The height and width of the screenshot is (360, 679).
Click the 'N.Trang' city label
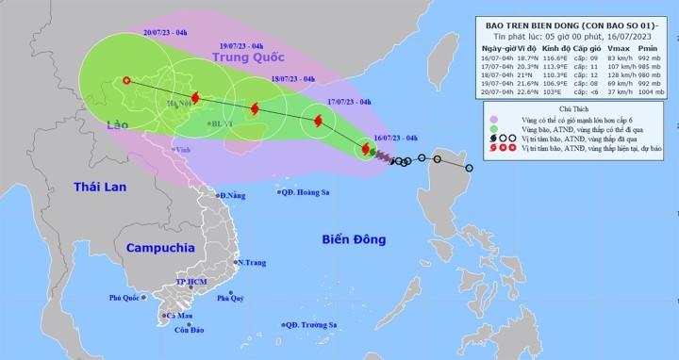click(x=250, y=262)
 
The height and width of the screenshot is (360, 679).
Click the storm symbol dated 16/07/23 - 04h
click(x=365, y=149)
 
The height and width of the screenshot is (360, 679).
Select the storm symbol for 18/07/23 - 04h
click(x=254, y=109)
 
